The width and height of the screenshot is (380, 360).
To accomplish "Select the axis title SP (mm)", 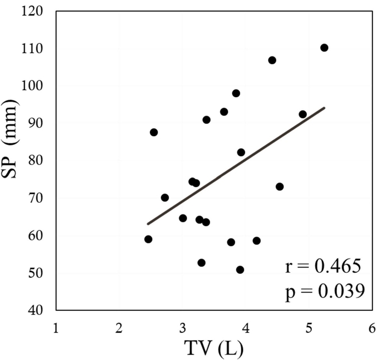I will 12,161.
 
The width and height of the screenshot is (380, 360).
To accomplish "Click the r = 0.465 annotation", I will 323,266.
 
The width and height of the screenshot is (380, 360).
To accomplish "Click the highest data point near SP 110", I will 324,48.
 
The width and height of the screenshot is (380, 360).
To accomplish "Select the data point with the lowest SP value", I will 240,270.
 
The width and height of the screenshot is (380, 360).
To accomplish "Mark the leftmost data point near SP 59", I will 148,239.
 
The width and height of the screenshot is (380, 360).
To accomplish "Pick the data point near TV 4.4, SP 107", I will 272,60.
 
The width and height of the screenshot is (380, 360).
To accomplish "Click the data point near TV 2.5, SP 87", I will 154,132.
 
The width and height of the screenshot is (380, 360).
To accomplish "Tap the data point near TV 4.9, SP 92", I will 303,114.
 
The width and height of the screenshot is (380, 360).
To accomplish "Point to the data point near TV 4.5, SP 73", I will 280,187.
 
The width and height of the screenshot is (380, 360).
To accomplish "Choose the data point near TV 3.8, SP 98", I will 236,93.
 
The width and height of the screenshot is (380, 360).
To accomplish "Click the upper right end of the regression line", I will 325,108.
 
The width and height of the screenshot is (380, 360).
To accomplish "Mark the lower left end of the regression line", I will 148,224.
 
